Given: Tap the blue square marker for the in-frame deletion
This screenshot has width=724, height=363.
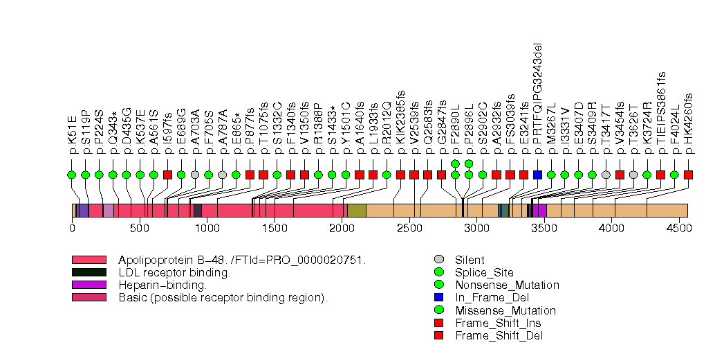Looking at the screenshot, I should click(538, 175).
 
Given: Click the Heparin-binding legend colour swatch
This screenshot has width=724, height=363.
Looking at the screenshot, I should click(89, 285).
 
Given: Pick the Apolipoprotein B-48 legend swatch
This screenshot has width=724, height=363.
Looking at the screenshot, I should click(89, 260).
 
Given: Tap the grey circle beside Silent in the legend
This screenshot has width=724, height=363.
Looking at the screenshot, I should click(438, 260).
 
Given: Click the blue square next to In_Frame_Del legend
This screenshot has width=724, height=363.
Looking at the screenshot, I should click(438, 298).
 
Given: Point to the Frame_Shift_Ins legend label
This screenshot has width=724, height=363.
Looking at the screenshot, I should click(498, 323).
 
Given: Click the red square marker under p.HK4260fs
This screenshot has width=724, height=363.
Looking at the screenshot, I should click(688, 175).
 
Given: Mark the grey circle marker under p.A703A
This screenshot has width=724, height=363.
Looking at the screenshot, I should click(195, 175).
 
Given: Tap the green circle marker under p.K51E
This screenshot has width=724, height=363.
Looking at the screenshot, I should click(72, 175).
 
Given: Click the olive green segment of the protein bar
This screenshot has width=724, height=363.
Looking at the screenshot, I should click(356, 210).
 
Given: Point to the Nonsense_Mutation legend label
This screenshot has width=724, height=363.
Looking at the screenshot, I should click(507, 285).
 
